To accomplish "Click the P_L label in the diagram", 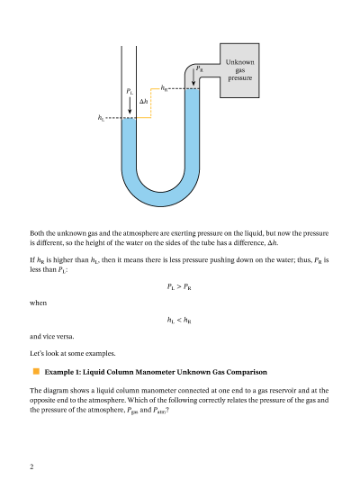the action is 130,91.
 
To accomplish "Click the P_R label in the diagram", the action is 199,68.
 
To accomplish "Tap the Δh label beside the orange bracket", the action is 144,101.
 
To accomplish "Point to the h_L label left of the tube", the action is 101,118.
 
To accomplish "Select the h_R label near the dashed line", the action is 164,88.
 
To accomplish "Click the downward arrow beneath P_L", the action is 130,105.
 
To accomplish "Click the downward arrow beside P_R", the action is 193,77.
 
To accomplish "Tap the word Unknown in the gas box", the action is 239,62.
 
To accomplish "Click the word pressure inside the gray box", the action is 239,78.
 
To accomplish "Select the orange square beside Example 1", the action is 36,371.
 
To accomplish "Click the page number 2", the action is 31,466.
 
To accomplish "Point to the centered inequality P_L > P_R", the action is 179,287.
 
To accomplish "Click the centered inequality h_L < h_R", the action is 179,321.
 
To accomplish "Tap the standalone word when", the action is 38,303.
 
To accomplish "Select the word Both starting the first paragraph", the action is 37,233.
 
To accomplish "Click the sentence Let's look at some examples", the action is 73,353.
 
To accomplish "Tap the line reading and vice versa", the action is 52,337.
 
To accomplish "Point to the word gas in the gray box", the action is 240,71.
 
